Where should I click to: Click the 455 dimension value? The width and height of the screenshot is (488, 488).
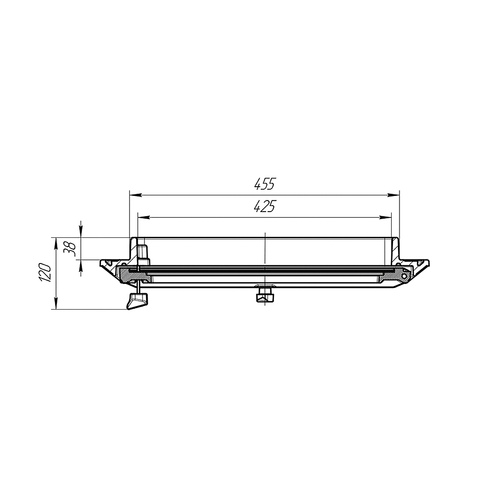click(x=265, y=184)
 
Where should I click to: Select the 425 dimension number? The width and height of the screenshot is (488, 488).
click(x=265, y=206)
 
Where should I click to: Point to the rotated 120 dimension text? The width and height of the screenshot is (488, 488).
click(x=45, y=273)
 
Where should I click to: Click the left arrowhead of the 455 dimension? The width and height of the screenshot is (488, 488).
click(x=136, y=195)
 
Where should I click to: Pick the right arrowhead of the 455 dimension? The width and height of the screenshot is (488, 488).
click(x=393, y=195)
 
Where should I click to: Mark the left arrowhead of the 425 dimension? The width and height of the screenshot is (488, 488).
click(x=144, y=217)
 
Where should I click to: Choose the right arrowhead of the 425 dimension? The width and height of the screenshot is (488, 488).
click(x=385, y=217)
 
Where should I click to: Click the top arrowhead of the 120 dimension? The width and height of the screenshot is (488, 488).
click(x=56, y=244)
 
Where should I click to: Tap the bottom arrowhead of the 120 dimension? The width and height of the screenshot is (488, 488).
click(x=56, y=303)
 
